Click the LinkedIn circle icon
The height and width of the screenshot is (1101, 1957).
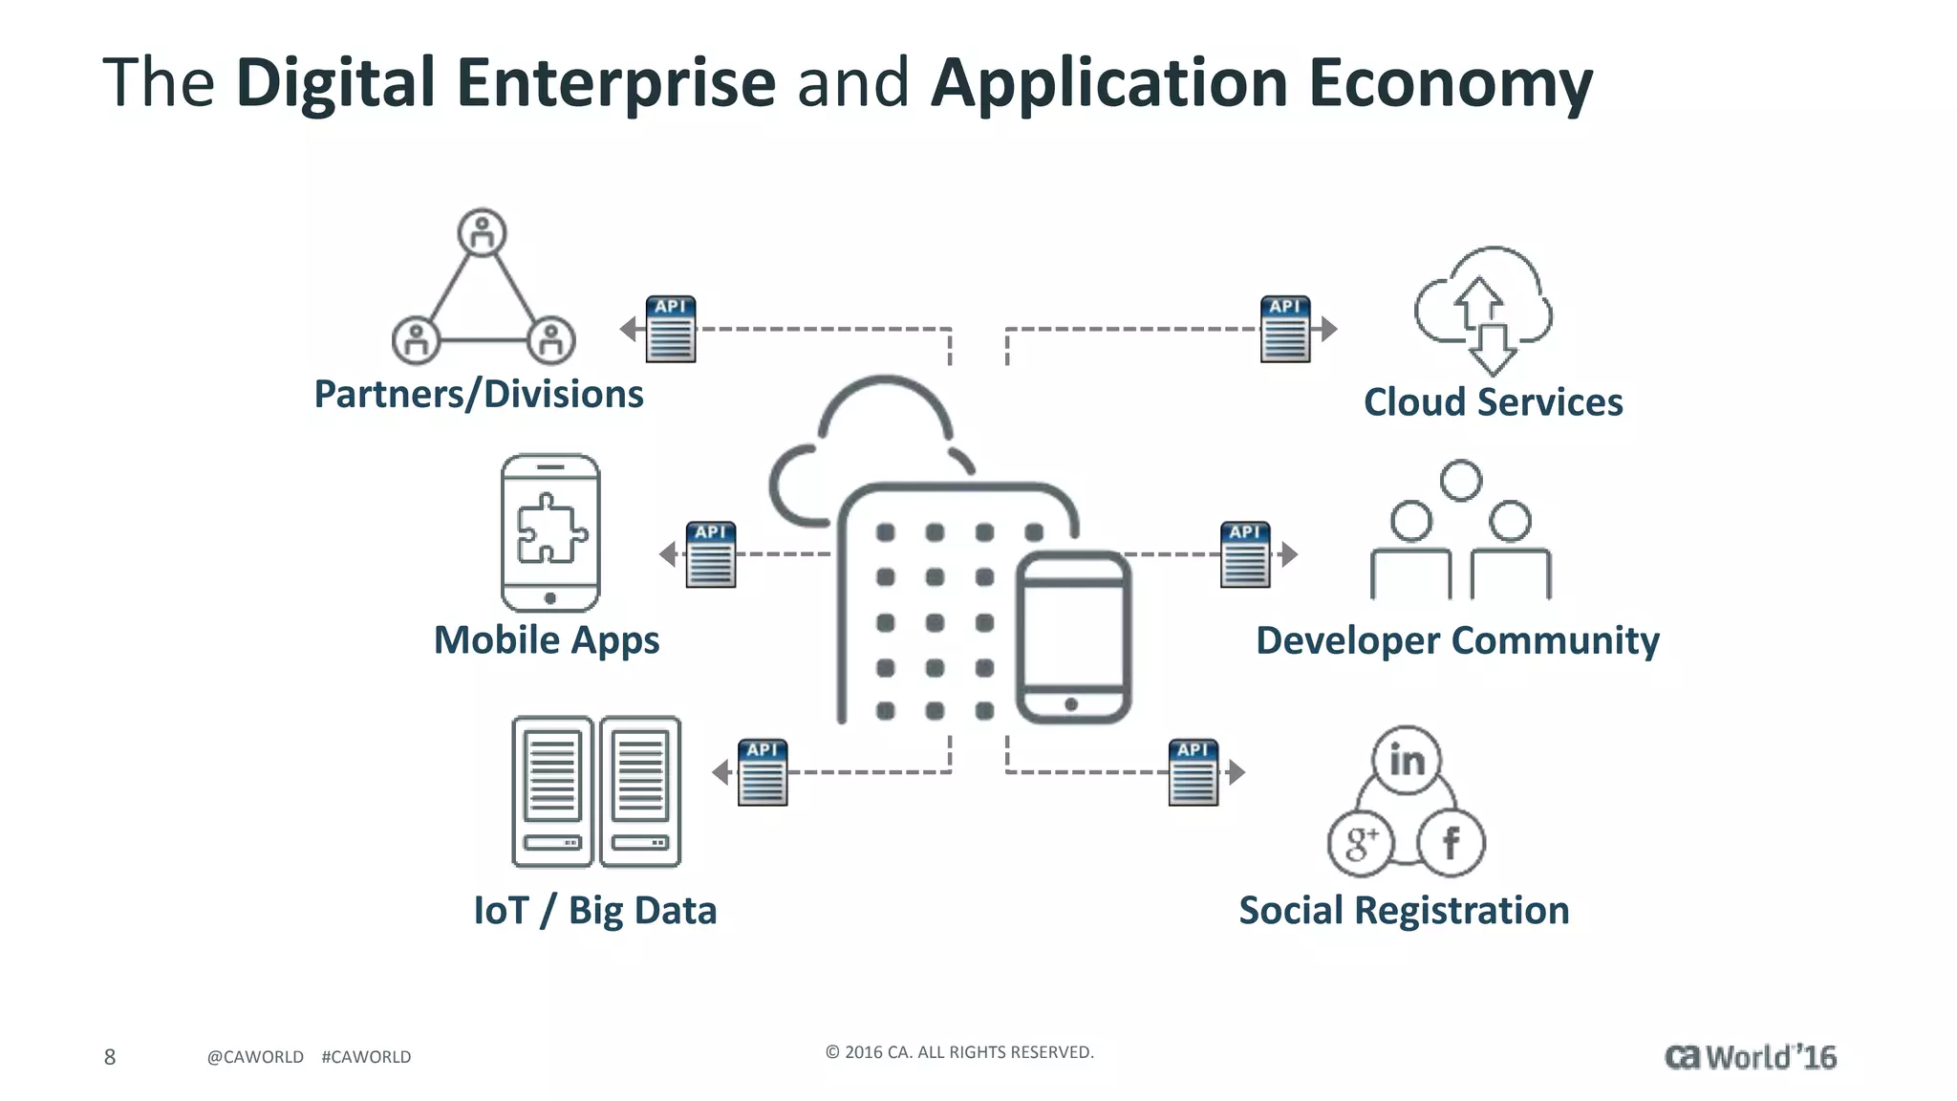pyautogui.click(x=1407, y=761)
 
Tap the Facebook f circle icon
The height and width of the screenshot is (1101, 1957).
pyautogui.click(x=1451, y=843)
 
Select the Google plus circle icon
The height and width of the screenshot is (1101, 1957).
pyautogui.click(x=1361, y=843)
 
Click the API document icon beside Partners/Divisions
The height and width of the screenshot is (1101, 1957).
pyautogui.click(x=671, y=330)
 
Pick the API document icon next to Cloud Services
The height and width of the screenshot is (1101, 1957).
pyautogui.click(x=1285, y=330)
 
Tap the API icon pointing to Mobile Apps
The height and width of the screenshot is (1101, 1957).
pyautogui.click(x=711, y=554)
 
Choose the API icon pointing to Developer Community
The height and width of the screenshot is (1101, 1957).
pyautogui.click(x=1245, y=554)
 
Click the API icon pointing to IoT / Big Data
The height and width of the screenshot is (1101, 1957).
pyautogui.click(x=763, y=772)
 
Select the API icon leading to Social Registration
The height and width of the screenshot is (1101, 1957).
pyautogui.click(x=1194, y=772)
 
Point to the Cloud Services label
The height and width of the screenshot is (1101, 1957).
pyautogui.click(x=1493, y=402)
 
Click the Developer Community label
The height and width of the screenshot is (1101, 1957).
pyautogui.click(x=1457, y=640)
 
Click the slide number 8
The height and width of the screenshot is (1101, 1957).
pyautogui.click(x=110, y=1056)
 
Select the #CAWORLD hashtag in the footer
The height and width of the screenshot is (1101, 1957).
pyautogui.click(x=366, y=1057)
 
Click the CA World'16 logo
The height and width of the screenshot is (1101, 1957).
pyautogui.click(x=1750, y=1057)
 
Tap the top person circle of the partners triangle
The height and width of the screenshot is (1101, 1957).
pyautogui.click(x=483, y=232)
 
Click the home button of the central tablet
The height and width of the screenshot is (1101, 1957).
pyautogui.click(x=1071, y=704)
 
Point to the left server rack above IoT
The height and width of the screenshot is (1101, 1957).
pyautogui.click(x=552, y=791)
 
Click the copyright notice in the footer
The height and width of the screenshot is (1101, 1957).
pyautogui.click(x=959, y=1052)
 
